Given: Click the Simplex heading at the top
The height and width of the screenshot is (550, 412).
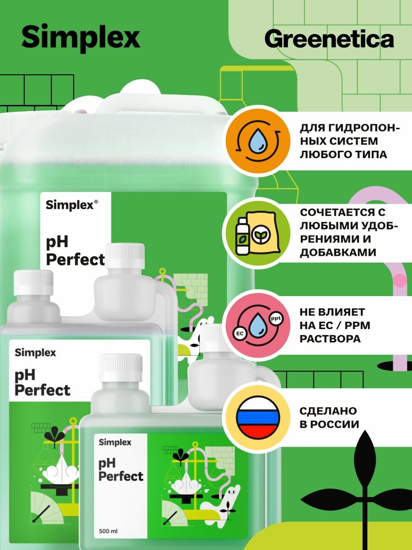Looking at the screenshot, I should (x=81, y=38).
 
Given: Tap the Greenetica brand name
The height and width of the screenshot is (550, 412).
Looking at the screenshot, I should (x=329, y=39).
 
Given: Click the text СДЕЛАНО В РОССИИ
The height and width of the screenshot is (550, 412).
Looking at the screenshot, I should (x=329, y=417).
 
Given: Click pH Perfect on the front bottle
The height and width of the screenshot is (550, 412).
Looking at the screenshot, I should (x=121, y=470).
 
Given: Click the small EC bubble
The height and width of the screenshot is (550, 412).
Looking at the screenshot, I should (x=239, y=333).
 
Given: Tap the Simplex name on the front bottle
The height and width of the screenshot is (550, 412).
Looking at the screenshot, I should (x=115, y=442).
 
